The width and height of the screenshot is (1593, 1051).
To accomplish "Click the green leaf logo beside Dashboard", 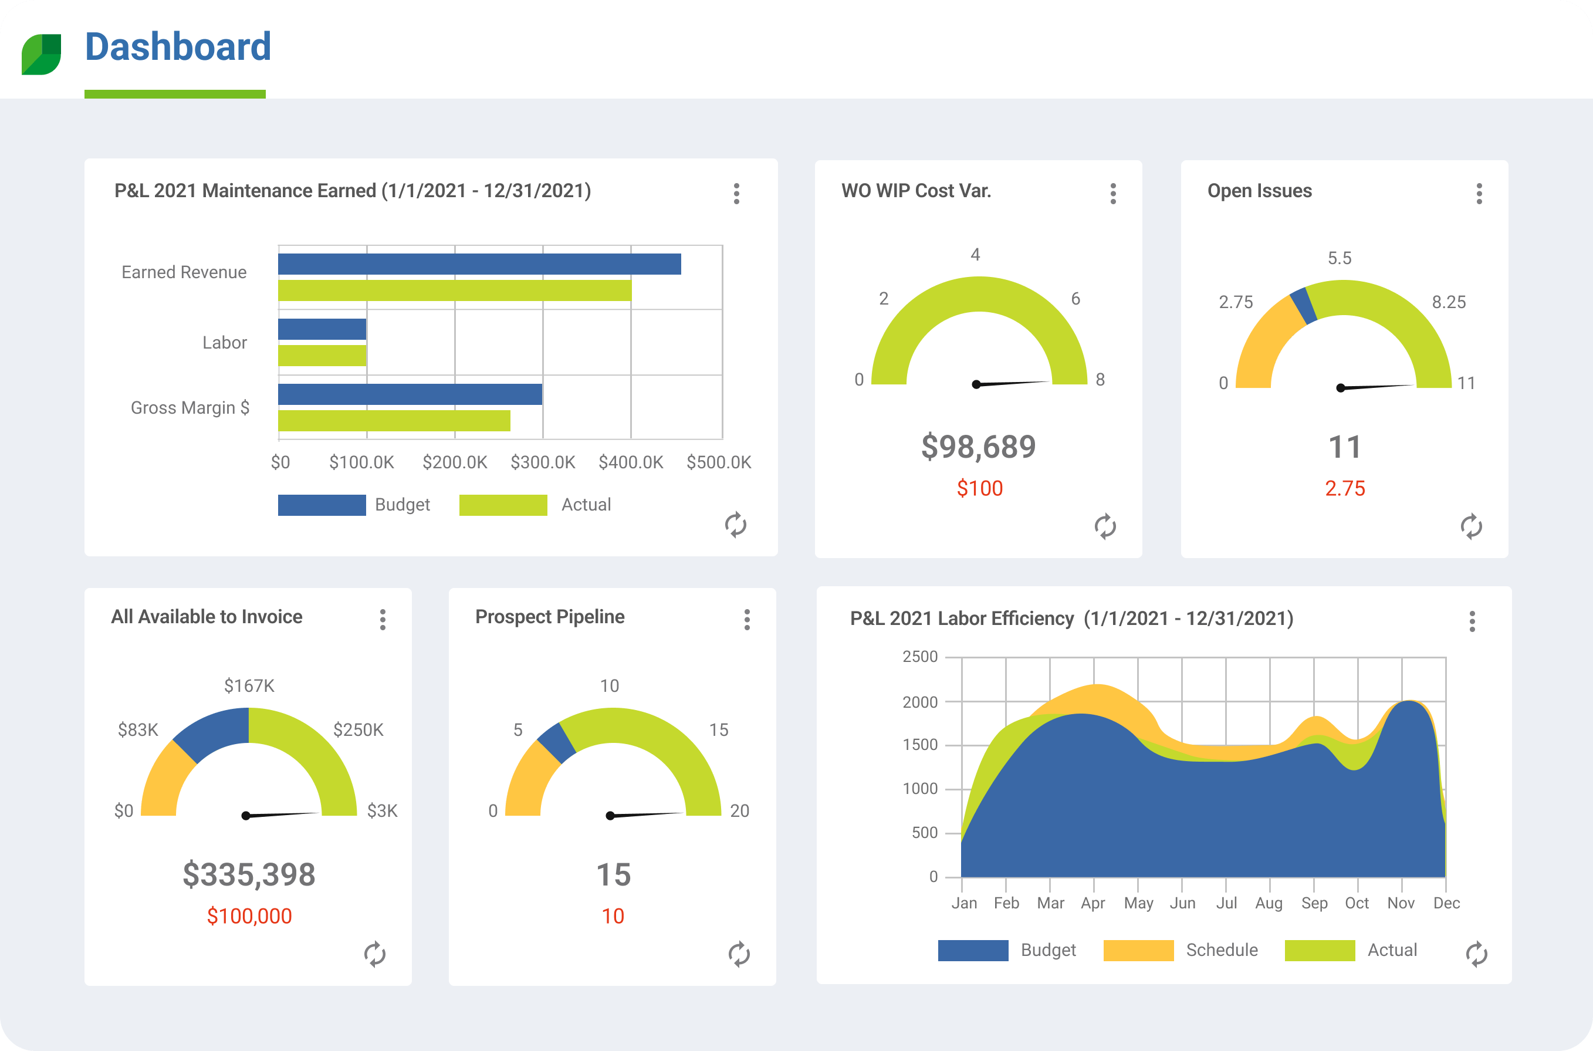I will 41,53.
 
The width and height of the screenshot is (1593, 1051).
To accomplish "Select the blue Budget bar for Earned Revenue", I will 479,264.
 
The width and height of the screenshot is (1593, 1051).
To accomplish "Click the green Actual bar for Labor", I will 322,355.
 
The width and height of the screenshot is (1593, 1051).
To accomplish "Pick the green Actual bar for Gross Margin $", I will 394,420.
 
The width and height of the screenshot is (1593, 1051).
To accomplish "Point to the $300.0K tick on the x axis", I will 542,462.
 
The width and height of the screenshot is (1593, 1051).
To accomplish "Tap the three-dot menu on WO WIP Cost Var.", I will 1112,194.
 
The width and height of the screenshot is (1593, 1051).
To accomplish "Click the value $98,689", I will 979,447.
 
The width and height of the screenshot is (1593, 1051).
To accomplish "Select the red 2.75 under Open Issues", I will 1344,488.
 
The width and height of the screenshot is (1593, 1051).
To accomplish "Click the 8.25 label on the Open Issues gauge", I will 1448,302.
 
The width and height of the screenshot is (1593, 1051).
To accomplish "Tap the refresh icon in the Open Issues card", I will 1471,526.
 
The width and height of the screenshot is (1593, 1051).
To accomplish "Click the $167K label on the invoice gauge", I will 249,685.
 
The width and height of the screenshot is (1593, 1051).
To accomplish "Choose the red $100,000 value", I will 249,915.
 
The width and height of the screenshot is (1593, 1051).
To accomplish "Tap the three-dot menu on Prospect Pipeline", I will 746,619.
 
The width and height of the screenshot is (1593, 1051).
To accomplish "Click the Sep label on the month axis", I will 1314,903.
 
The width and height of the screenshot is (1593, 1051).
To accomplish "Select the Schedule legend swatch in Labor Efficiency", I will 1138,950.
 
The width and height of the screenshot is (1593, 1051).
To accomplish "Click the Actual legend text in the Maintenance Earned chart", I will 586,505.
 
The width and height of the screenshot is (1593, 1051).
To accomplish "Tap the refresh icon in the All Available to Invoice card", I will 374,954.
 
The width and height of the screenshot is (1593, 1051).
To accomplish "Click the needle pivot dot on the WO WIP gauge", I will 976,385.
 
